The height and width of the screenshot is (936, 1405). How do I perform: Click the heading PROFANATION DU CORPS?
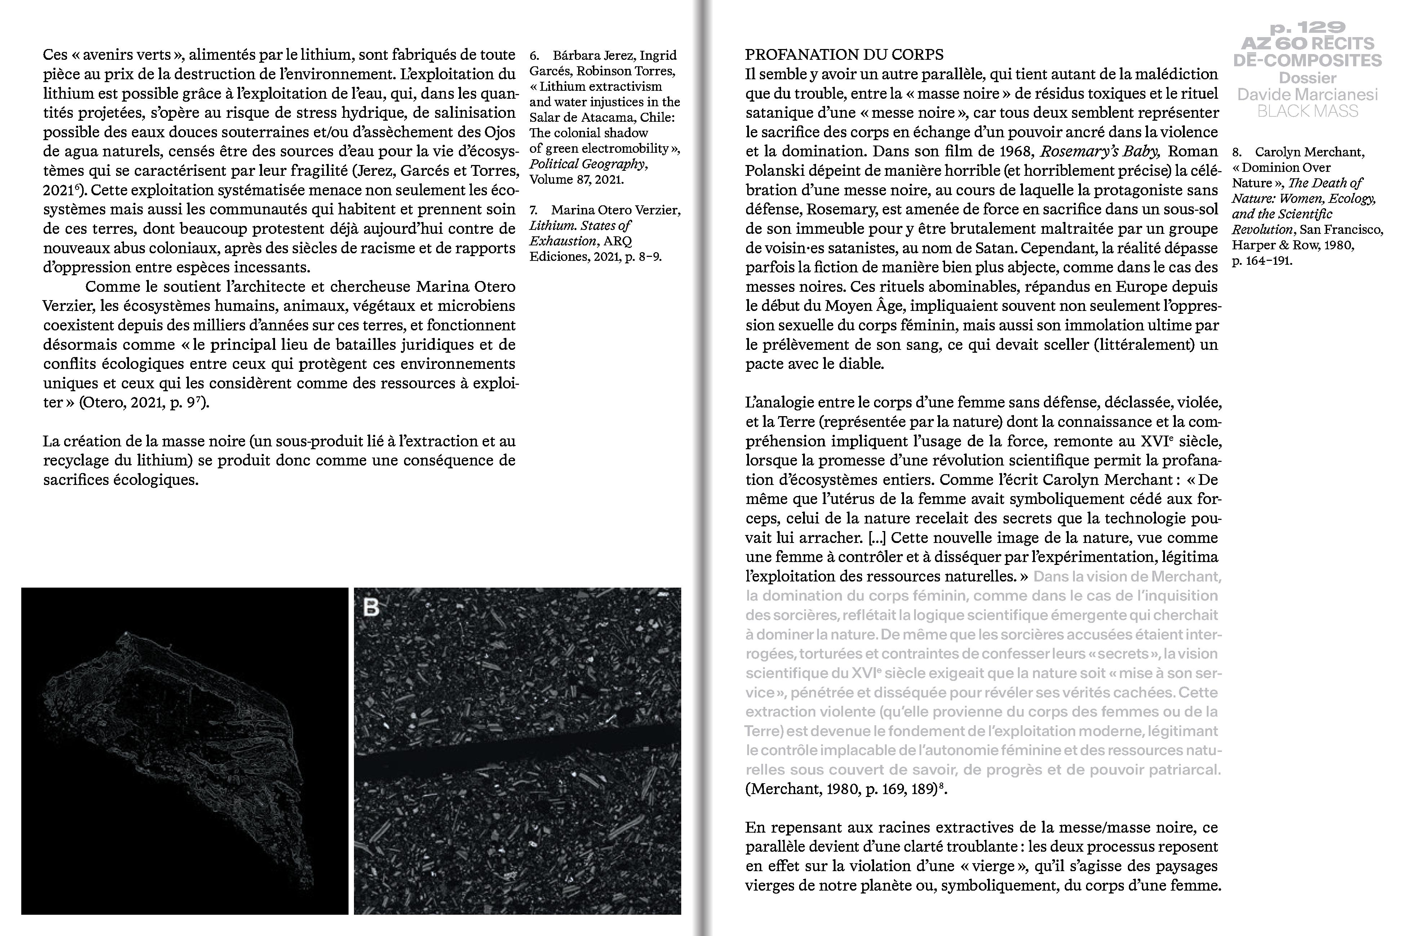[x=844, y=55]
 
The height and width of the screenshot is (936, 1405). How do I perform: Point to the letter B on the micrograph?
[x=371, y=608]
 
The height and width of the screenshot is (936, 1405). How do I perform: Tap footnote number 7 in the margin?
[x=534, y=210]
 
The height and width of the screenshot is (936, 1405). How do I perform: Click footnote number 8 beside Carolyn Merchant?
[x=1237, y=152]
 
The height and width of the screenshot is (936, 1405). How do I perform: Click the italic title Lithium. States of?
[x=580, y=226]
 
